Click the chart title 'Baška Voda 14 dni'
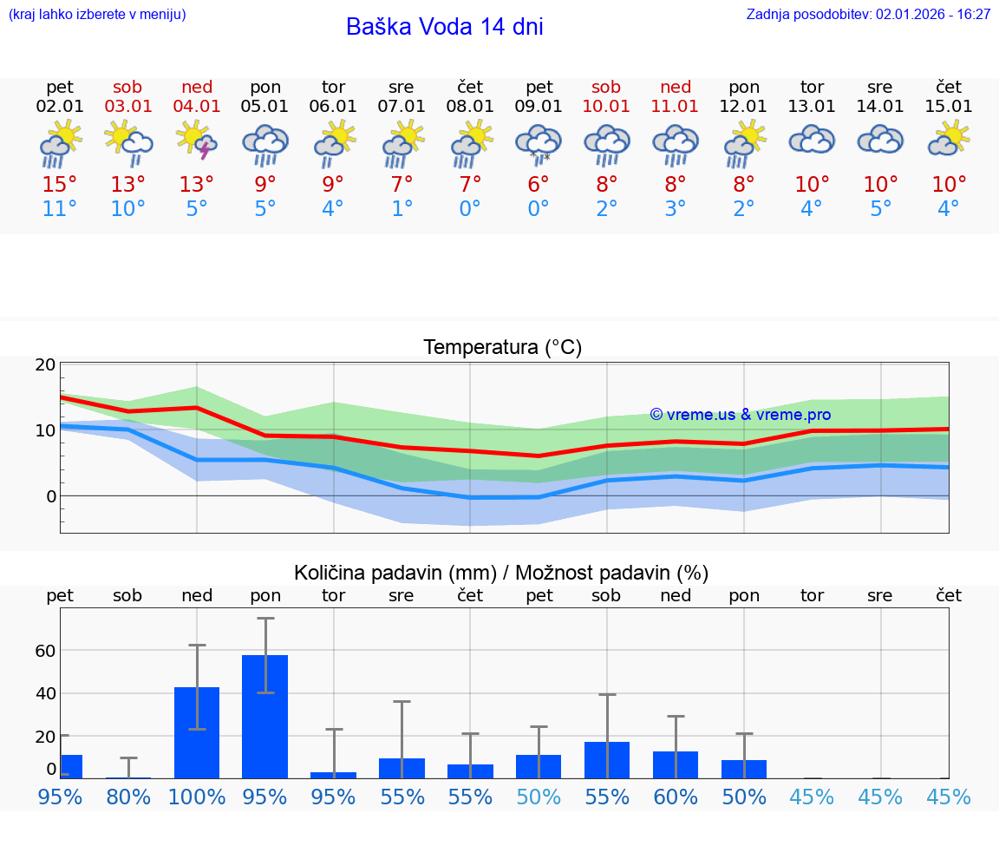click(444, 27)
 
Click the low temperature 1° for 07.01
click(402, 209)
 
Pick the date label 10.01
click(606, 107)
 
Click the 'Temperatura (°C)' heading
click(502, 348)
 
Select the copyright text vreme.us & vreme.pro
click(741, 415)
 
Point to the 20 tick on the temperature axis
click(45, 364)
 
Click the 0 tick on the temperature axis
click(50, 496)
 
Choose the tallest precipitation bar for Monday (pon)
click(264, 716)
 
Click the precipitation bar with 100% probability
click(197, 732)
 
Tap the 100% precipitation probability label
click(197, 797)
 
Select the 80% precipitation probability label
click(128, 797)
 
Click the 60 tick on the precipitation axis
click(45, 651)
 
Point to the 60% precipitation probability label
click(676, 797)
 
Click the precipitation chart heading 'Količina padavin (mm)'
click(395, 573)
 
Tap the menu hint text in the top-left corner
click(97, 15)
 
